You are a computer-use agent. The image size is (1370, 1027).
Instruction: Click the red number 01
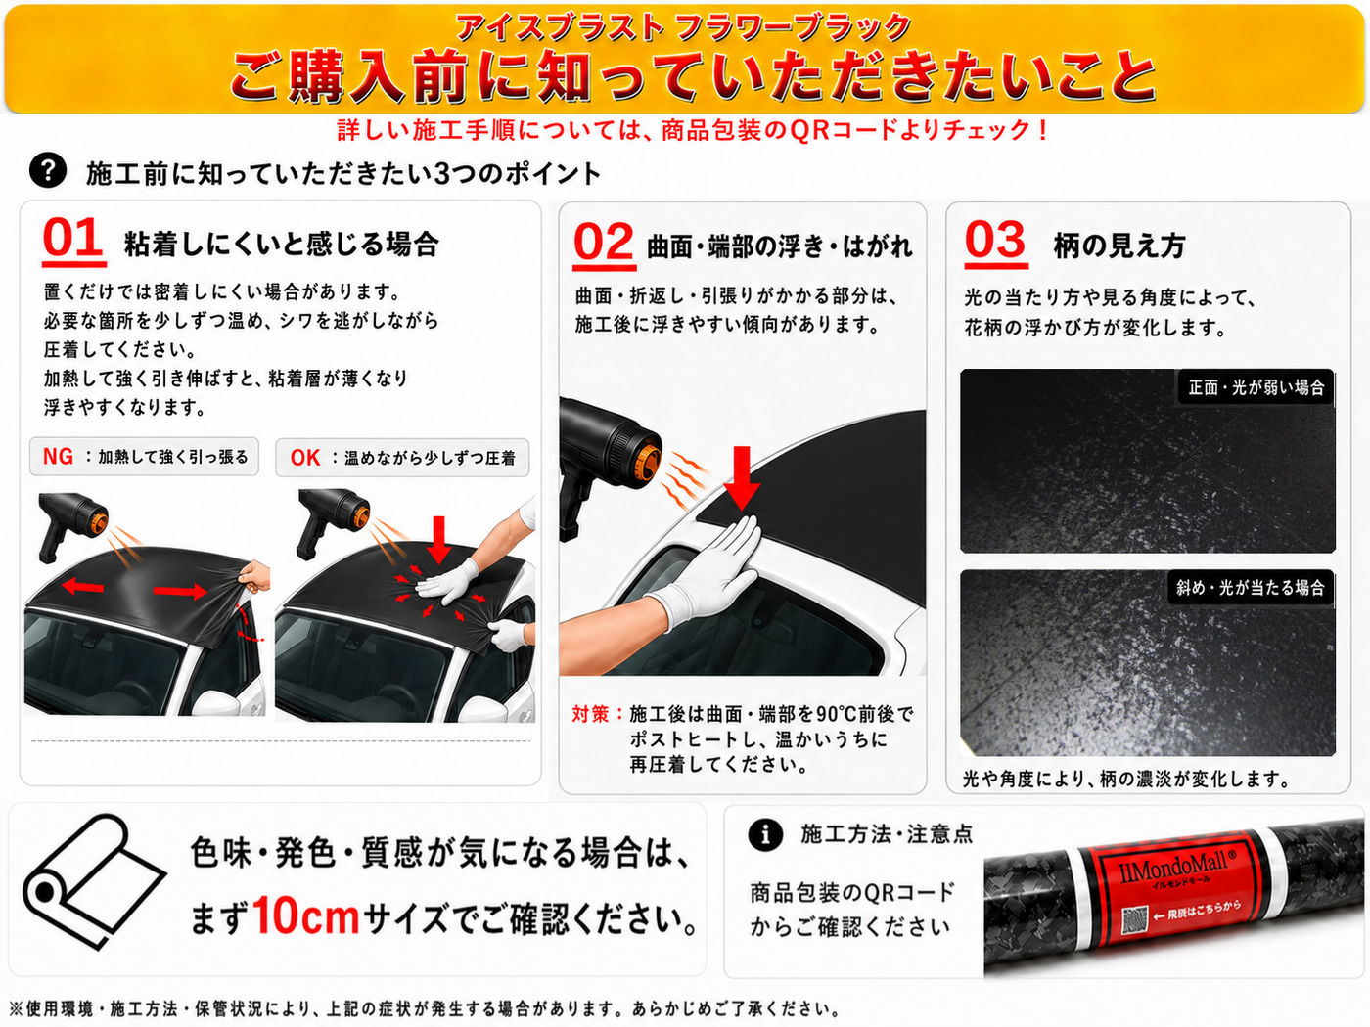72,238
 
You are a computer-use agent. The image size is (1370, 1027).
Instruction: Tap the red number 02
603,242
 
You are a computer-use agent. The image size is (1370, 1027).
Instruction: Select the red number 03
995,240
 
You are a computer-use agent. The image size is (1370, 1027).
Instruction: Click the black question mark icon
47,170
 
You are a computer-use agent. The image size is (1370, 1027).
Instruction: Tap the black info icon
765,833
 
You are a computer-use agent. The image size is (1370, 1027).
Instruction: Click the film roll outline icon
94,881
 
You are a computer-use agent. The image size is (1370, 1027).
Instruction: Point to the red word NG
58,457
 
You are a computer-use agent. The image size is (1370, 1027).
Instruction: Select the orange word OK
304,458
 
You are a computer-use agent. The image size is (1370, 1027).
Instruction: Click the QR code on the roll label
1135,920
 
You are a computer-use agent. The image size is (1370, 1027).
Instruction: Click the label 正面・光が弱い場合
1256,387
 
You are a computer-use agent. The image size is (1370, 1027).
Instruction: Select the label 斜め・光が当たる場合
1251,587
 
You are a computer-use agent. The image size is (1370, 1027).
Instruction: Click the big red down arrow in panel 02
742,478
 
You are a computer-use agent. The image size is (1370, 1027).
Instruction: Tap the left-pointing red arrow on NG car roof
83,586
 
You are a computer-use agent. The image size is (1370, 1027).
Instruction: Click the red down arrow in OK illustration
439,540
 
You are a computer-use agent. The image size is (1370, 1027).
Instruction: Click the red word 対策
589,713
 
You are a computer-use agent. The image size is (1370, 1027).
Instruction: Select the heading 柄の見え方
1119,246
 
